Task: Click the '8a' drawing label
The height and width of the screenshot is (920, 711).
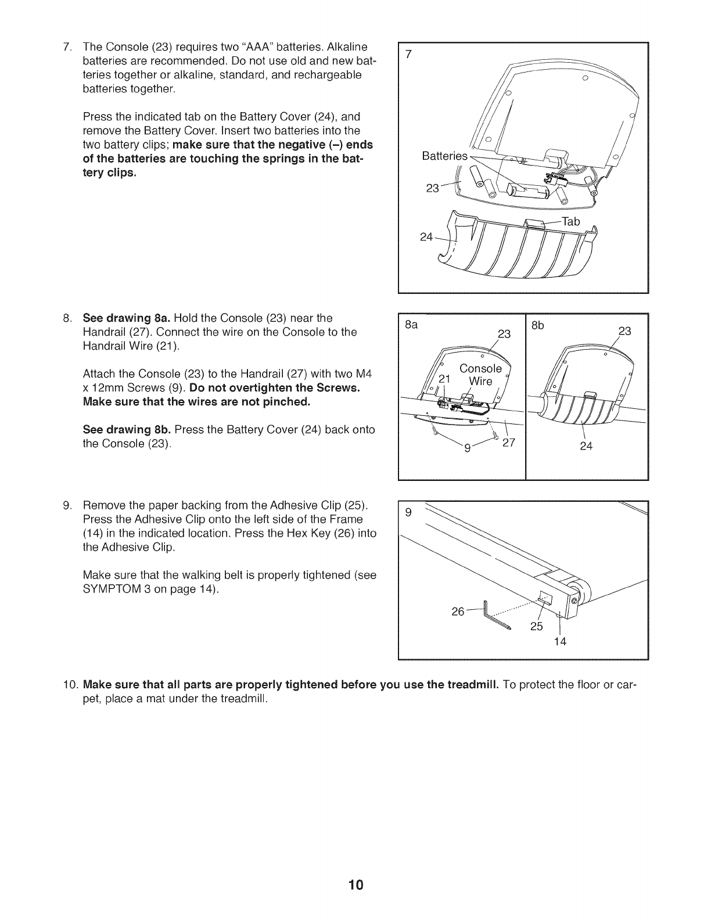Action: (411, 325)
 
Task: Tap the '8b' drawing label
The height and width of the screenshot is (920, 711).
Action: (538, 325)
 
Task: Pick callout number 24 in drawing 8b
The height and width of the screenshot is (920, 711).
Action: (586, 446)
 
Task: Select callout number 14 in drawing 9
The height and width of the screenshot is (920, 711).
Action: (559, 641)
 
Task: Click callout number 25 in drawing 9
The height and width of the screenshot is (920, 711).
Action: (536, 627)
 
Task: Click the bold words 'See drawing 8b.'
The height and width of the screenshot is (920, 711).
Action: (127, 430)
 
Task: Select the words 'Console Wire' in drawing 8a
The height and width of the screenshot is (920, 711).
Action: (480, 375)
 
